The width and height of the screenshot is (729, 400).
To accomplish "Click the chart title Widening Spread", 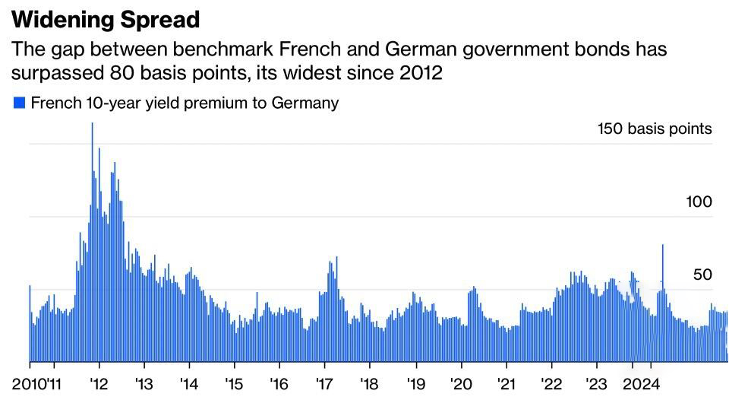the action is coord(106,20).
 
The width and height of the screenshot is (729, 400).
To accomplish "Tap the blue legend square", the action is coord(19,103).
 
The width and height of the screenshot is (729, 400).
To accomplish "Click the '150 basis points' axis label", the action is coord(655,129).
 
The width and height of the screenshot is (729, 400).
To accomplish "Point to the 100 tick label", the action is coord(699,202).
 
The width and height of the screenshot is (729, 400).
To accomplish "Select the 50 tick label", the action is coord(702,275).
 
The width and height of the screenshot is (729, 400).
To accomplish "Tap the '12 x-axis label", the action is coord(99,384).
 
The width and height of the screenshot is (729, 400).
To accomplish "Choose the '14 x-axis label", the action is coord(189,384).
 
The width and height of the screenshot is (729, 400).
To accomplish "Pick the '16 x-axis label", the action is coord(279,384).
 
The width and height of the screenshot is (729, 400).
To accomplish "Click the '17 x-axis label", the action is coord(324,384).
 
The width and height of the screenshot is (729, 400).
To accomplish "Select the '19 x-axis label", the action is coord(415,384).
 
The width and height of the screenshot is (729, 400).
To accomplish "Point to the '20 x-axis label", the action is coord(461,384).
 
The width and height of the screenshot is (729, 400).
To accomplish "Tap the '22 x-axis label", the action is coord(552,384).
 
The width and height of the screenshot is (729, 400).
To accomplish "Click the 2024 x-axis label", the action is coord(641,384).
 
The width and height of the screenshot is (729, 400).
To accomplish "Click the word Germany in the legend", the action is coord(305,103).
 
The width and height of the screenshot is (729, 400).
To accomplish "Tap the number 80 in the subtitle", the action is coord(121,73).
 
